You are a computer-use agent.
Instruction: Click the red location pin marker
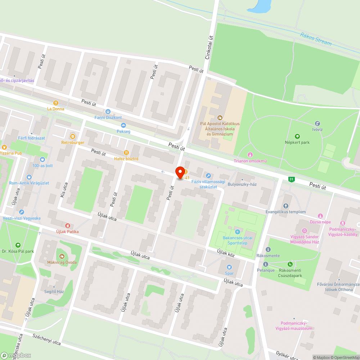(x=180, y=173)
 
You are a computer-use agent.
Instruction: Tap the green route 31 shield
(x=291, y=179)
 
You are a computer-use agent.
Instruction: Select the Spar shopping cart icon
(x=229, y=267)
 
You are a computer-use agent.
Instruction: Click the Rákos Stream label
(x=315, y=39)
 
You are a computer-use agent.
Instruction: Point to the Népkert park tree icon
(x=297, y=136)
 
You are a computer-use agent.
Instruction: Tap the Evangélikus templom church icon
(x=286, y=206)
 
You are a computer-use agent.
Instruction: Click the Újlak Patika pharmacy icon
(x=67, y=225)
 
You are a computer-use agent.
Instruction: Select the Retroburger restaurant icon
(x=73, y=136)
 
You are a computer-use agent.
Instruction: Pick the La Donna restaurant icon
(x=55, y=103)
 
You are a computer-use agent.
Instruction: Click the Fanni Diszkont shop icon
(x=108, y=112)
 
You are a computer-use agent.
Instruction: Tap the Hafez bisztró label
(x=126, y=158)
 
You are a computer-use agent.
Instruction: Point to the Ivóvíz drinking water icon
(x=317, y=123)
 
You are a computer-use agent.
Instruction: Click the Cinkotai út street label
(x=208, y=50)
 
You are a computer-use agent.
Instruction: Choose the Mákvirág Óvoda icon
(x=62, y=256)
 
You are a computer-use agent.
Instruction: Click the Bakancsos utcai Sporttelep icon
(x=237, y=231)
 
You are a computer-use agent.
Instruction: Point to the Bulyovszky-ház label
(x=242, y=184)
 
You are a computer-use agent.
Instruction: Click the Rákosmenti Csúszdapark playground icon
(x=290, y=264)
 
